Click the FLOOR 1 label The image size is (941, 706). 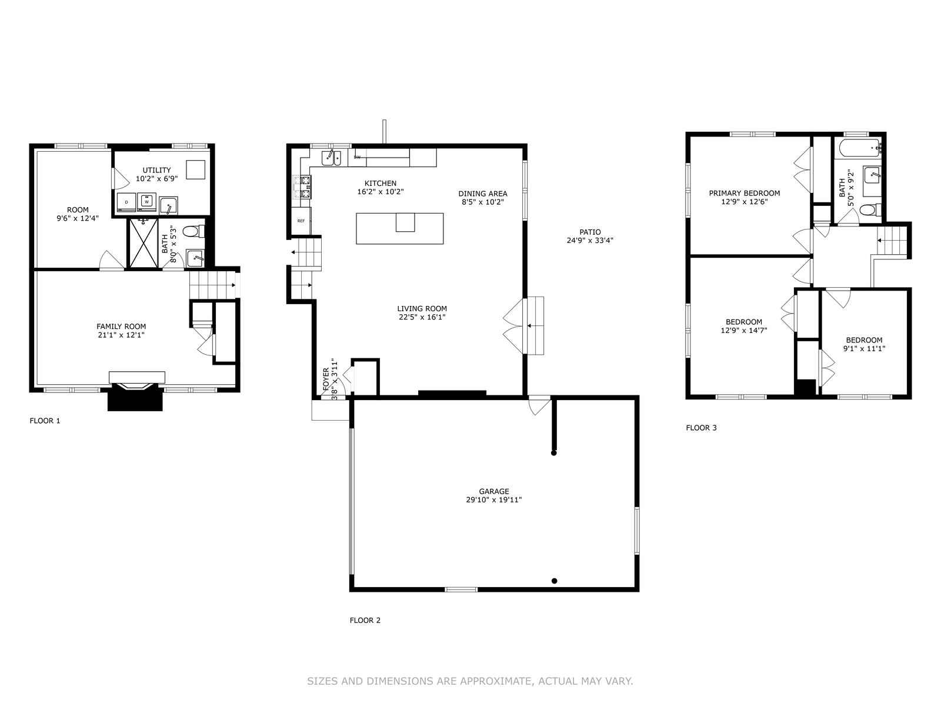[45, 421]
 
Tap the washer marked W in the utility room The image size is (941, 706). [146, 202]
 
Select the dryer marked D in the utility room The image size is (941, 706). [126, 202]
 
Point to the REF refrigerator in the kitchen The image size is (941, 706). [301, 221]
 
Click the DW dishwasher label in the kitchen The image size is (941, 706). [357, 157]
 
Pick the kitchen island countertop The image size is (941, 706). [399, 228]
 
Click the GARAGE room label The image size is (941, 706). [494, 491]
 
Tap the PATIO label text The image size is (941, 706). [590, 232]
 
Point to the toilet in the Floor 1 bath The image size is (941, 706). [193, 231]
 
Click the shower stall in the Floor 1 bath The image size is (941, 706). [144, 244]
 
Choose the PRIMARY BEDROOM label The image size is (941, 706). [744, 194]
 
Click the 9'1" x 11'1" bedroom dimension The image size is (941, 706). [864, 348]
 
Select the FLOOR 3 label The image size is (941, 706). [701, 427]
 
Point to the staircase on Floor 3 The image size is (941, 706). [892, 240]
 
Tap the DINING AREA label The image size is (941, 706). [483, 194]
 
